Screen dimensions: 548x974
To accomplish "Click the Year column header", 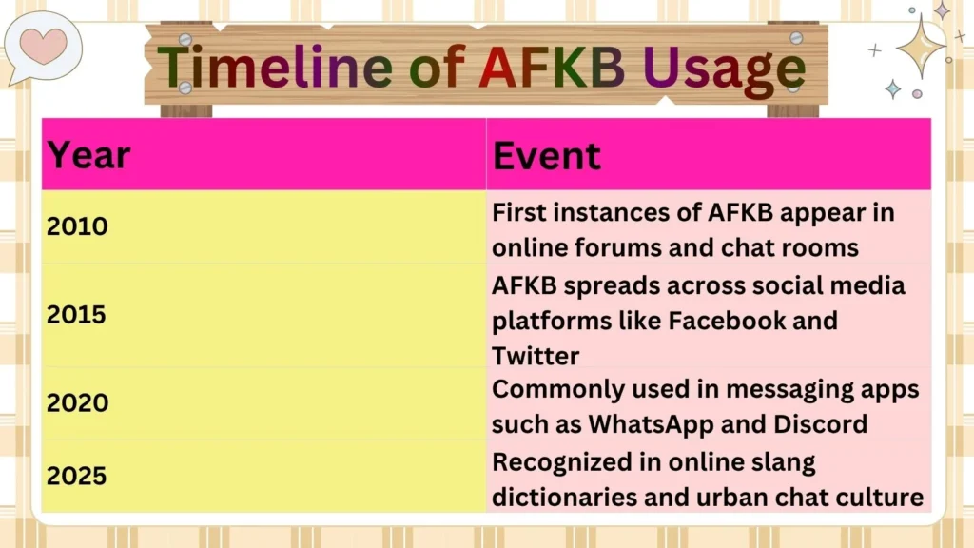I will pos(89,154).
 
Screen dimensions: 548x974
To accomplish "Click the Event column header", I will pos(547,155).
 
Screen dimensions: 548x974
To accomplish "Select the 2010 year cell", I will pos(78,226).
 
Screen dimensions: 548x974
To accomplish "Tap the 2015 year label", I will pos(78,314).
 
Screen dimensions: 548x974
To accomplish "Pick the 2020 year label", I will pos(78,402).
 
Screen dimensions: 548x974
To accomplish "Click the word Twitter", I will pos(536,356).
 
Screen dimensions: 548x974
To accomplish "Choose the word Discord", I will pos(821,423).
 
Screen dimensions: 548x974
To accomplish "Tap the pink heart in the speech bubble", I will pos(43,44).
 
